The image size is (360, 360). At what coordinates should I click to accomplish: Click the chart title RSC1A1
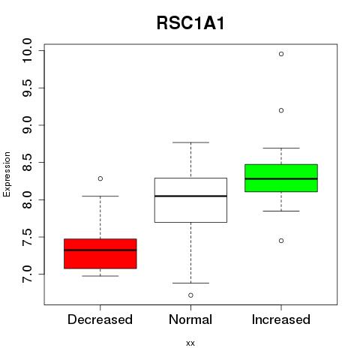pos(190,23)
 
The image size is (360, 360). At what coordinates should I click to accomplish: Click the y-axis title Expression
pos(7,174)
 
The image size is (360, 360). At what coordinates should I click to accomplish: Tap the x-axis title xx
pos(190,343)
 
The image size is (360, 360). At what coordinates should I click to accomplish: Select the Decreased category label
pos(100,319)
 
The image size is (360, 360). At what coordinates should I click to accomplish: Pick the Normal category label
pos(190,319)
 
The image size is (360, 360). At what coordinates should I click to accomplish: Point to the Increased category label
pos(281,319)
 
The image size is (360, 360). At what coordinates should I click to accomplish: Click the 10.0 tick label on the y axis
pos(27,50)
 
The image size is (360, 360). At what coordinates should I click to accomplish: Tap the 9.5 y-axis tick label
pos(27,88)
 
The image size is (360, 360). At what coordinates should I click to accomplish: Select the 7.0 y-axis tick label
pos(27,274)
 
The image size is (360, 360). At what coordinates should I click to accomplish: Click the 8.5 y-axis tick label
pos(27,163)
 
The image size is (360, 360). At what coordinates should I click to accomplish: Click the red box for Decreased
pos(100,253)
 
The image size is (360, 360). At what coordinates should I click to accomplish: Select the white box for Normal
pos(190,200)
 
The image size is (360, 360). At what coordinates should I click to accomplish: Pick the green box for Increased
pos(281,178)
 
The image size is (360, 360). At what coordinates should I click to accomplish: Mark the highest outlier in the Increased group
pos(281,54)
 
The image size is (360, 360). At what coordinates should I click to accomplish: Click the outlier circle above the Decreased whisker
pos(100,178)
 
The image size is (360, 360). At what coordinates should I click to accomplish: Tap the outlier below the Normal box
pos(190,295)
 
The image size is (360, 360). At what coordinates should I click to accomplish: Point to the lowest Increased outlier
pos(281,241)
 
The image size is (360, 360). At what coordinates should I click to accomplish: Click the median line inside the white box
pos(190,196)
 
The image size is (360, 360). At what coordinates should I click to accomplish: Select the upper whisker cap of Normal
pos(190,142)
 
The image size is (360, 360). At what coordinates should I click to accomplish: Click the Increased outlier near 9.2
pos(281,110)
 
